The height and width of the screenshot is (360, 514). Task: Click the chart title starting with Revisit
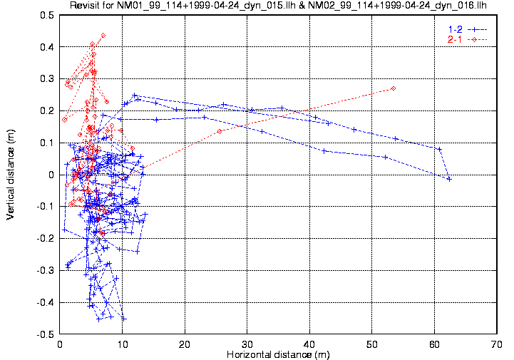[278, 6]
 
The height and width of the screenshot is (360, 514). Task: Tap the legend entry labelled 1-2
[454, 29]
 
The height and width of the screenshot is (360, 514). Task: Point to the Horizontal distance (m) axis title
[277, 354]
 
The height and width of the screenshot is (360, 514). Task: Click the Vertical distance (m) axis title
[10, 175]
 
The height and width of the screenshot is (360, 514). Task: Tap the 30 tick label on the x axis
[247, 344]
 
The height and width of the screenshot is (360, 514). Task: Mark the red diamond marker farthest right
[393, 88]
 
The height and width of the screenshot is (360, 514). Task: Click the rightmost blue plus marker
[449, 179]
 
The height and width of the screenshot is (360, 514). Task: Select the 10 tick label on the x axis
[123, 344]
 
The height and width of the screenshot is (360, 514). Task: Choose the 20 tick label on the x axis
[185, 344]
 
